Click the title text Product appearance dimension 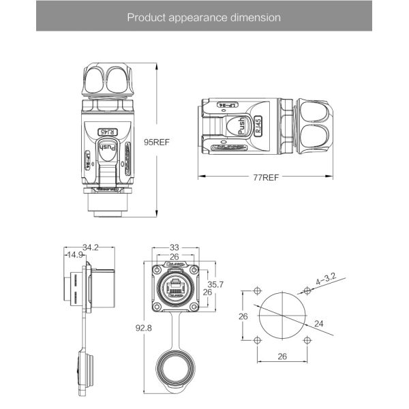point(204,17)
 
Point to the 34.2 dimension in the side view point(91,247)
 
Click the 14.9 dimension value point(74,255)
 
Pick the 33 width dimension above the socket point(175,247)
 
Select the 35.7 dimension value point(215,284)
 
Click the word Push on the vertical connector point(108,147)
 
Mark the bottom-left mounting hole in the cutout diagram point(256,339)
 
